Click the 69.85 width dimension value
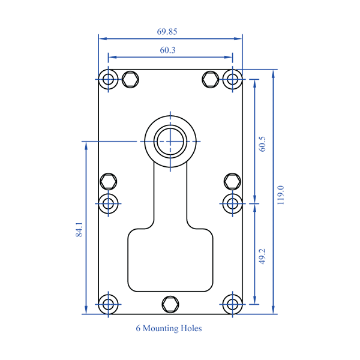point(167,31)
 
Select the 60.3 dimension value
point(167,50)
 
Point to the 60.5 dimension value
point(262,143)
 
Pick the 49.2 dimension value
point(262,256)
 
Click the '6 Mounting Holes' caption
point(169,328)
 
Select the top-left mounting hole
point(109,79)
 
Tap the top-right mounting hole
point(232,79)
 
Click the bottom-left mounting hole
point(109,304)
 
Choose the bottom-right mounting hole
point(232,304)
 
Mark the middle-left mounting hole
point(109,203)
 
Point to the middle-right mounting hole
point(232,203)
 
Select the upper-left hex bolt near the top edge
point(130,79)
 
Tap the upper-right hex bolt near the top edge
point(210,79)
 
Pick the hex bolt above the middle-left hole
point(109,181)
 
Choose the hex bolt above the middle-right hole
point(232,181)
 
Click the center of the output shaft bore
point(171,142)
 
